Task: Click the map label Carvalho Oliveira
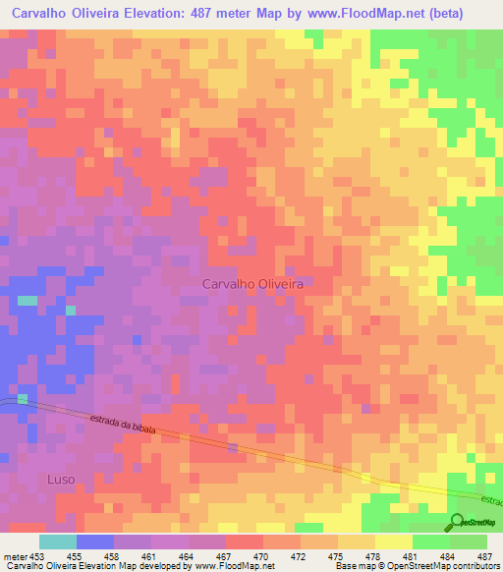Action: [x=251, y=283]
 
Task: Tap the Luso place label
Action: [x=60, y=479]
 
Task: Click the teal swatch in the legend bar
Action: [x=57, y=542]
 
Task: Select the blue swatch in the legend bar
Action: [x=94, y=542]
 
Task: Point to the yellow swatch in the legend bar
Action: [x=393, y=542]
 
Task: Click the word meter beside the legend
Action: [x=13, y=555]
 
